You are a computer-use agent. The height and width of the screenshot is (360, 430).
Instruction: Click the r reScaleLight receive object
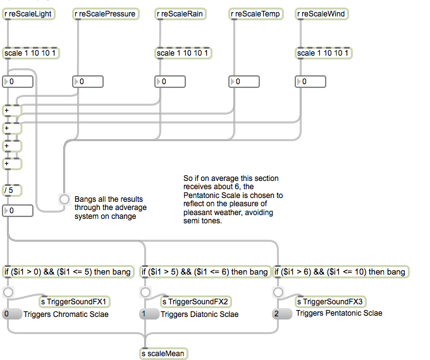point(29,13)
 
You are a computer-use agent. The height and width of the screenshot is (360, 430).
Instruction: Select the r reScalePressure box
point(106,13)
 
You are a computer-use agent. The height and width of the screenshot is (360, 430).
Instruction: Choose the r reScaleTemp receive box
point(256,13)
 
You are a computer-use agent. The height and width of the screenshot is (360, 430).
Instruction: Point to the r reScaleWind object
point(322,13)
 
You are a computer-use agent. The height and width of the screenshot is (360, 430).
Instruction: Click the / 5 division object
point(12,191)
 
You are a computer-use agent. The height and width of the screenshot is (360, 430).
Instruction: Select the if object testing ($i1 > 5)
point(205,272)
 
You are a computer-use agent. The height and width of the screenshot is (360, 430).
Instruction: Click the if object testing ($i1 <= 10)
point(341,272)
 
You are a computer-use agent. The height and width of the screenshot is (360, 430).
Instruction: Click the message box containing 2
point(282,314)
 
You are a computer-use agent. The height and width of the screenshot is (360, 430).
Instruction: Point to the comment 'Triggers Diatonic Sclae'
point(199,314)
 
